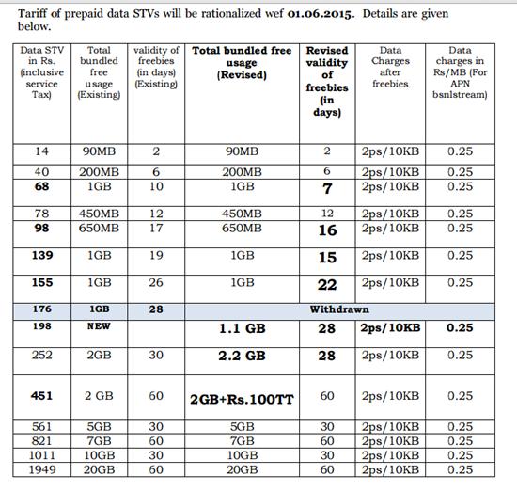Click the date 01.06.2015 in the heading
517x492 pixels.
[x=310, y=15]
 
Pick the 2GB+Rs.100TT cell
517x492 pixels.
[x=242, y=399]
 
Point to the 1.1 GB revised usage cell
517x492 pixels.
[x=243, y=328]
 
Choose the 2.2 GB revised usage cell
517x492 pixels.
[x=243, y=356]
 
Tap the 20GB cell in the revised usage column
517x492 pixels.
[x=243, y=468]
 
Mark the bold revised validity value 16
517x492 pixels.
[x=327, y=230]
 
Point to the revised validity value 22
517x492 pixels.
[x=327, y=282]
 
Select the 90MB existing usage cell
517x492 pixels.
[x=99, y=151]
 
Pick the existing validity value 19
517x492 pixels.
[x=157, y=255]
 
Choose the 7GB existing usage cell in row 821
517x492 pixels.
[x=99, y=440]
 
